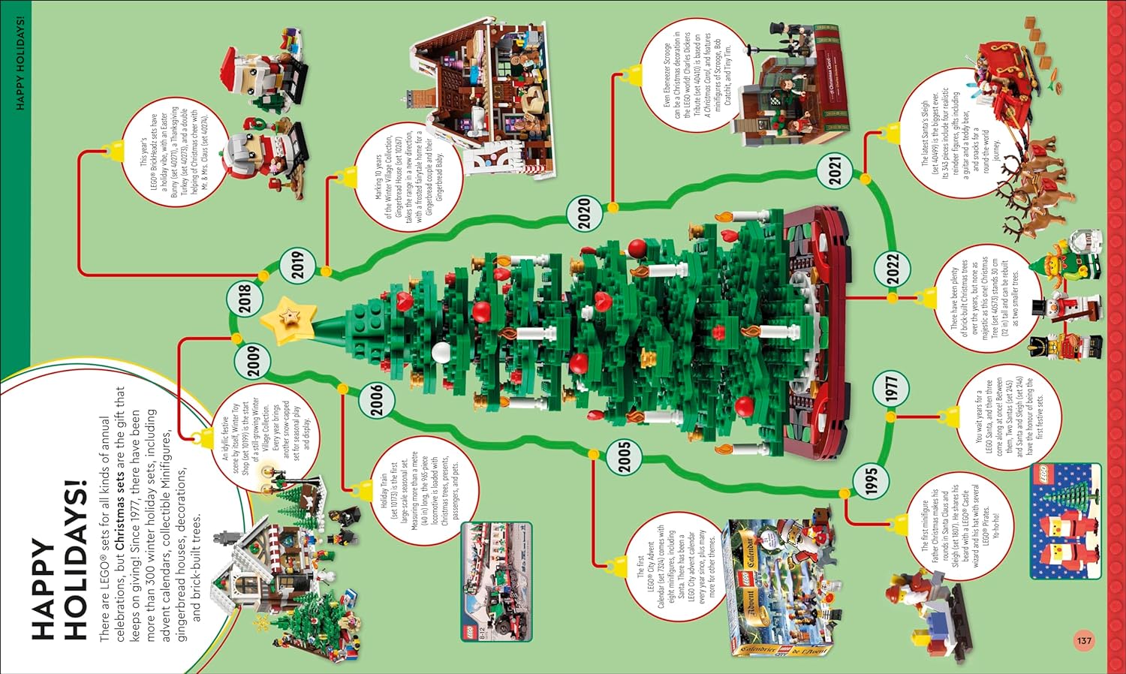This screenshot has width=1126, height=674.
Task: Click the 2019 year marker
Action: coord(298,264)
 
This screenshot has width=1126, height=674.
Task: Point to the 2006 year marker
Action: coord(377,399)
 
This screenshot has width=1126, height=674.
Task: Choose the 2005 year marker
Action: coord(625,456)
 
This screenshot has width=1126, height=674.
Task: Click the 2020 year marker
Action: coord(586,213)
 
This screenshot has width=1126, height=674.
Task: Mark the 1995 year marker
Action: coord(871,480)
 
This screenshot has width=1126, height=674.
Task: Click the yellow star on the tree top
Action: coord(288,320)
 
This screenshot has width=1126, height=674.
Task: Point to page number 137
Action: coord(1084,641)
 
